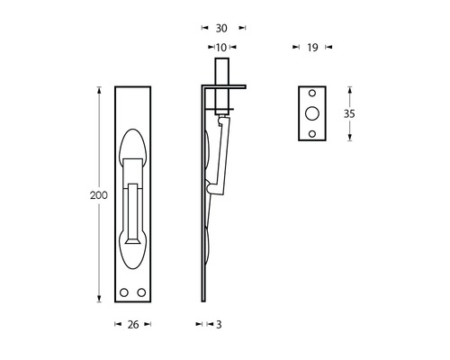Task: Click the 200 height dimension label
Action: click(83, 194)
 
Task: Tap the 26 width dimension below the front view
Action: click(131, 324)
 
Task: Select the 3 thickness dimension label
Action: click(219, 324)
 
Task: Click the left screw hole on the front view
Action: click(124, 293)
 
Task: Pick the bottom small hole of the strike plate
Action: click(313, 133)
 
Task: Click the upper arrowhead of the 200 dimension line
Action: click(98, 89)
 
